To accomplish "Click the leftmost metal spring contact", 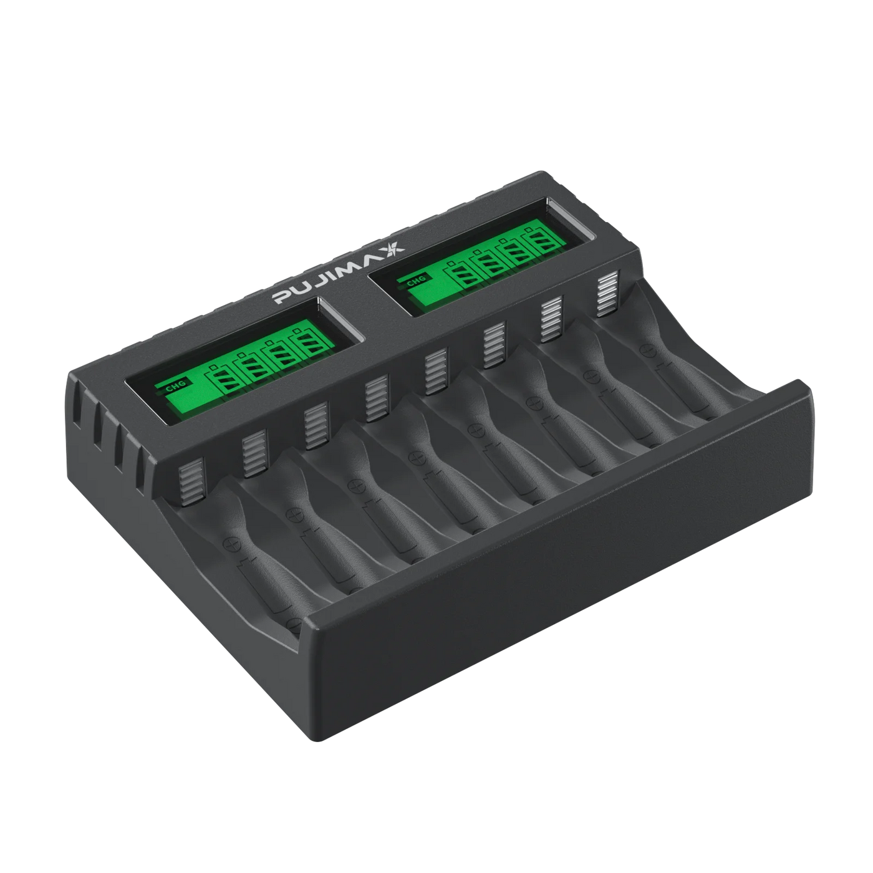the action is click(191, 482).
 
